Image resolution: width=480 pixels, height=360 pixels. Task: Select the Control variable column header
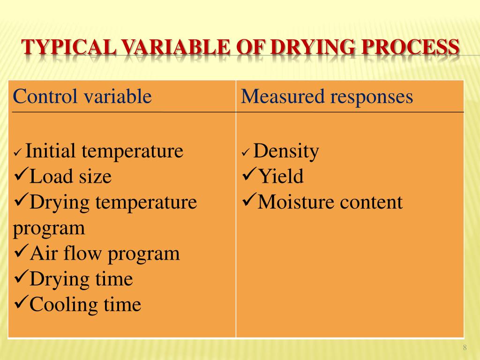[x=82, y=97]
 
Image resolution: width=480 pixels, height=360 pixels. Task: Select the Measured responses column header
[x=327, y=97]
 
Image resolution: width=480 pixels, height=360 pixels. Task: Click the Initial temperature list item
[x=104, y=151]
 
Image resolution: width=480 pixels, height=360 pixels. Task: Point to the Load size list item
[x=70, y=177]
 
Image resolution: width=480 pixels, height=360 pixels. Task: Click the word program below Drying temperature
[x=49, y=228]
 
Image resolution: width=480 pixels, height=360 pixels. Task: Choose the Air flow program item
[x=105, y=254]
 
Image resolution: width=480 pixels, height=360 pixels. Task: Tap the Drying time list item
[x=81, y=279]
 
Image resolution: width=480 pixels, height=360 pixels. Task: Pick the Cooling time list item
[x=85, y=305]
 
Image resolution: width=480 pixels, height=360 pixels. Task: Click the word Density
[x=286, y=151]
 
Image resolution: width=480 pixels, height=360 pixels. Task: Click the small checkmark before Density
[x=246, y=153]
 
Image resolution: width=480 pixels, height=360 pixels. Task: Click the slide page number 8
[x=465, y=347]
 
